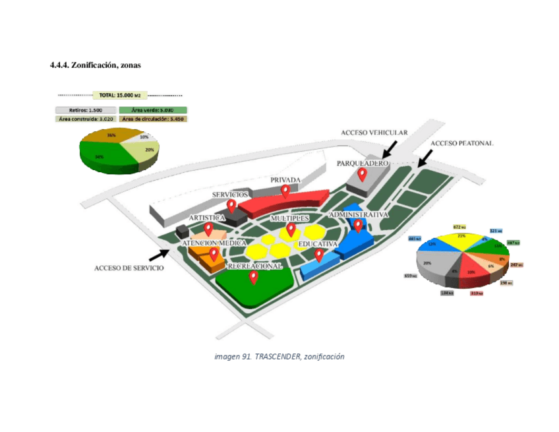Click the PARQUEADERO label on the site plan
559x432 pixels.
point(362,162)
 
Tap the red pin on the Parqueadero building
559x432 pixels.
point(362,174)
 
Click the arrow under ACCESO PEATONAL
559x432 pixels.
point(425,157)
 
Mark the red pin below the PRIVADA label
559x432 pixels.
point(285,191)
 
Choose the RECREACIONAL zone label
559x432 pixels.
point(254,266)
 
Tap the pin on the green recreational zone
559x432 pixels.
point(253,277)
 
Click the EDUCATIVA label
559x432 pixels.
point(318,244)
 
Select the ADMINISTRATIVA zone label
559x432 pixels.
point(359,215)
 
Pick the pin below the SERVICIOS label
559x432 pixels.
point(231,206)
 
